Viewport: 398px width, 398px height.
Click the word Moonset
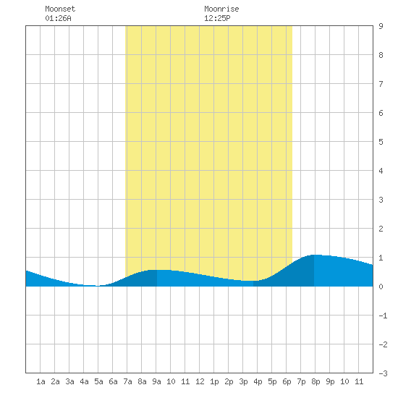point(60,9)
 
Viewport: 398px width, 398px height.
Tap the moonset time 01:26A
point(58,18)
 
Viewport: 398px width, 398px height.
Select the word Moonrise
point(221,9)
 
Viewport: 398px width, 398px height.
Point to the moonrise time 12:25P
point(217,18)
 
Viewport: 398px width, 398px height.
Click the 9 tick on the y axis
point(381,26)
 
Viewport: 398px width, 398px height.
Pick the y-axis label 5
point(381,142)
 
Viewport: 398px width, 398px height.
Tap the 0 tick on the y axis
point(381,287)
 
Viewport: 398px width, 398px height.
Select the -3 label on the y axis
point(383,373)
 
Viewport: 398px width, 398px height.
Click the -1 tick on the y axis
point(383,316)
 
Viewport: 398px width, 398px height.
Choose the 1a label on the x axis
point(41,381)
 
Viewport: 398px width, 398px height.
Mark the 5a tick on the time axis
point(98,381)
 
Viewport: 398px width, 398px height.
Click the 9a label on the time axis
point(156,381)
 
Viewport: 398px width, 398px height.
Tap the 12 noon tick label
point(200,381)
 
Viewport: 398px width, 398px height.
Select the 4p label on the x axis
point(258,381)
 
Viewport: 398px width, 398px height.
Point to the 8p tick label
point(316,381)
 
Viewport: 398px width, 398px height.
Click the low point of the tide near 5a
point(97,286)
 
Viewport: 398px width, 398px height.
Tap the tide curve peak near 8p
point(315,255)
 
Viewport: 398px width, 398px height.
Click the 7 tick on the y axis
point(381,84)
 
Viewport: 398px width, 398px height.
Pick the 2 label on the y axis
point(381,229)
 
